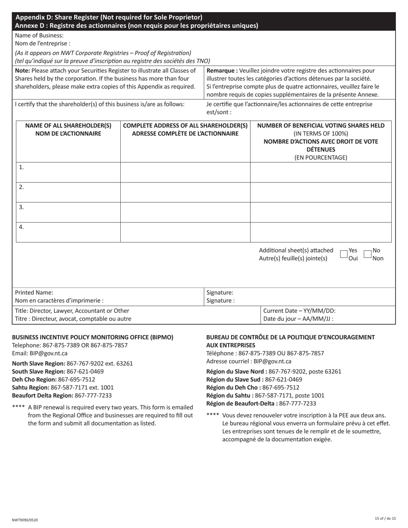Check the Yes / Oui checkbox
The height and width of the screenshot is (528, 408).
point(344,254)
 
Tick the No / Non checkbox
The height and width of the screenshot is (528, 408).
point(367,254)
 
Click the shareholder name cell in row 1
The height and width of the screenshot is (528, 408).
point(68,173)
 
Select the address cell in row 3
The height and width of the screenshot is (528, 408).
point(185,212)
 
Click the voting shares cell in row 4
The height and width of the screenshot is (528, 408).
point(320,232)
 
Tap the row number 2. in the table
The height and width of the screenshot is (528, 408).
point(21,187)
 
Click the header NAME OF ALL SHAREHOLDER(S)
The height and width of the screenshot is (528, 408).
point(68,126)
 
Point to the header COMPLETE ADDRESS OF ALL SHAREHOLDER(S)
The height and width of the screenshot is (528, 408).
point(185,126)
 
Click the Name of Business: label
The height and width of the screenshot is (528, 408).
point(39,36)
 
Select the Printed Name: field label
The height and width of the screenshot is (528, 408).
point(34,292)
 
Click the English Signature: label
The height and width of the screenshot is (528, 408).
point(220,292)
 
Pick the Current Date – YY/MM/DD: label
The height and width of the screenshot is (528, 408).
point(299,311)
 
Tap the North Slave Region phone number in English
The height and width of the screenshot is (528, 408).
point(100,364)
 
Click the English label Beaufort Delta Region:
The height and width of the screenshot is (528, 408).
point(43,396)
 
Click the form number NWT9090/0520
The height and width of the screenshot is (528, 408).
point(25,520)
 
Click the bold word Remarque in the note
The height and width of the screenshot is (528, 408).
point(221,71)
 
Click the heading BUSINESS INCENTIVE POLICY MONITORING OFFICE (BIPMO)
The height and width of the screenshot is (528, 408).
point(92,337)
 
